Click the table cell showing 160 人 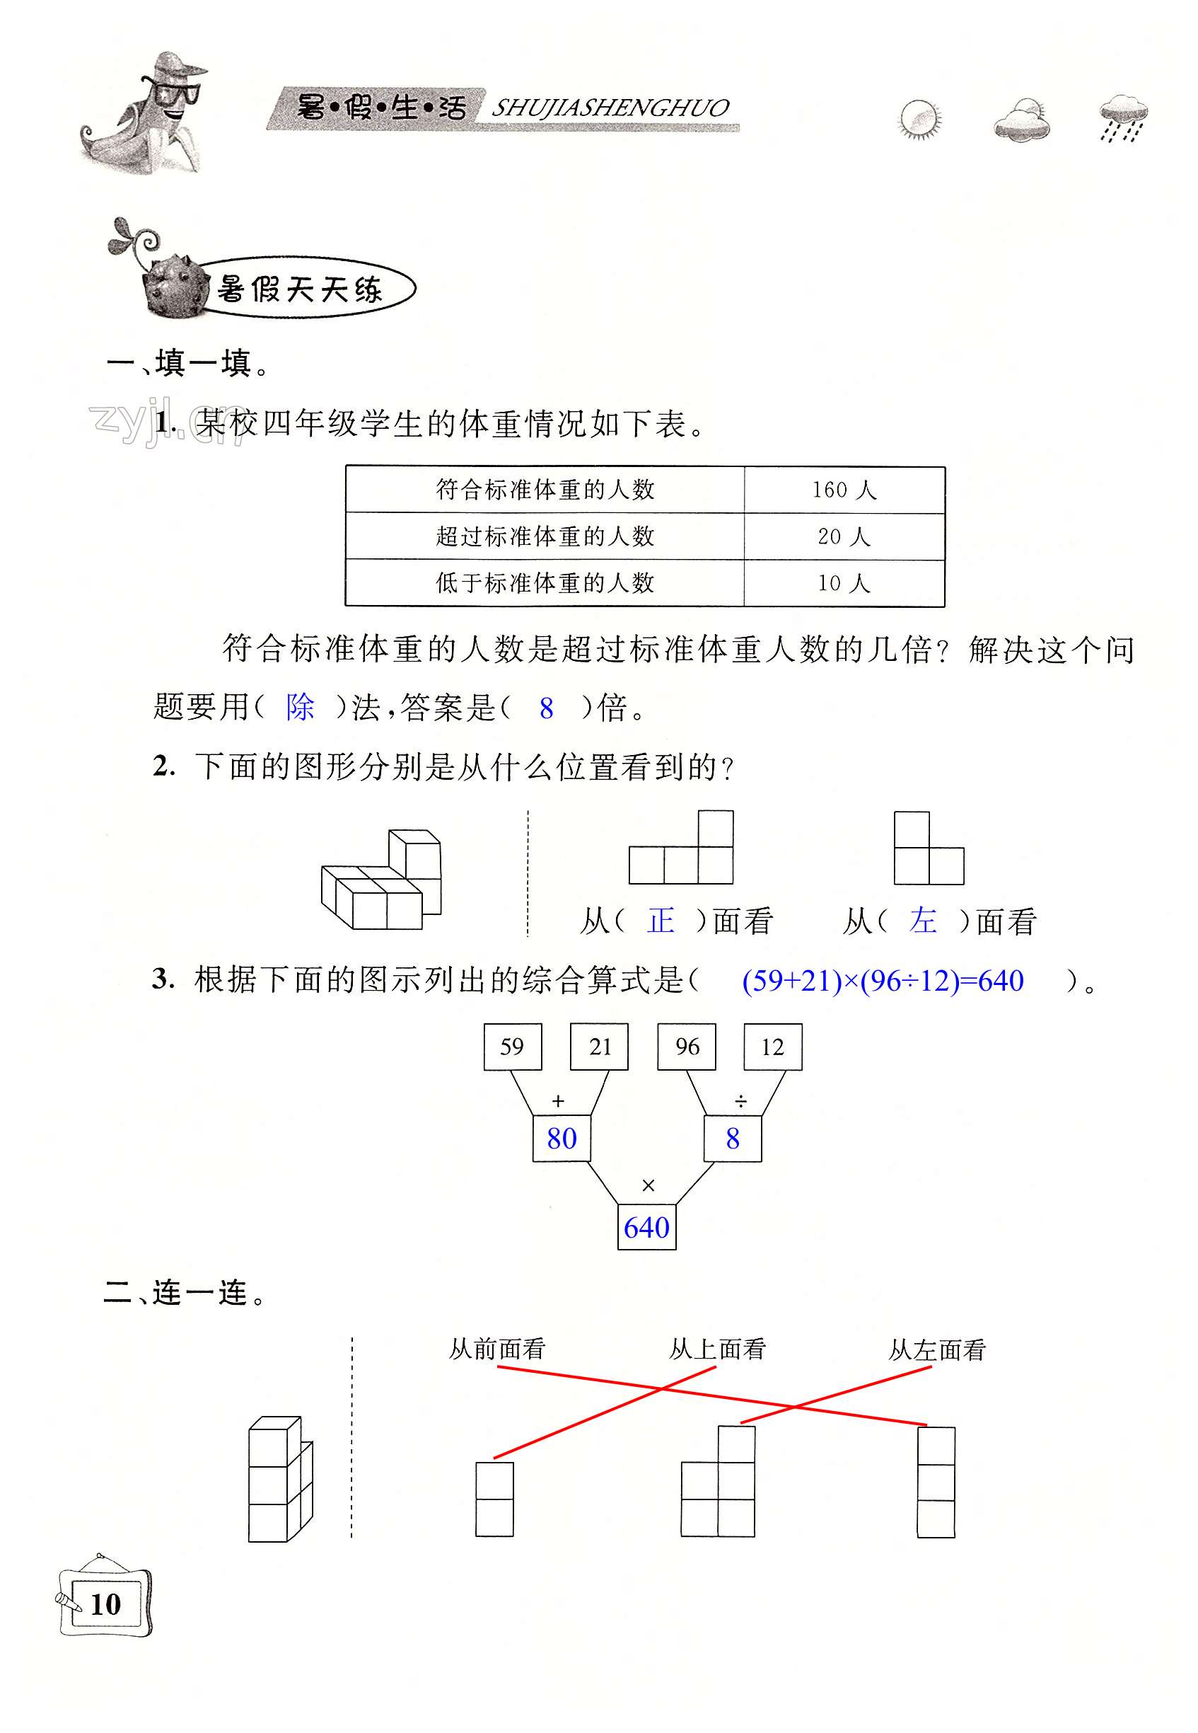844,490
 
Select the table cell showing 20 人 844,537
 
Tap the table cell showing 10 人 844,583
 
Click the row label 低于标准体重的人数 545,583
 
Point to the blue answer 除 301,708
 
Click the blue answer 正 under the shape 661,921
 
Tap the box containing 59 513,1047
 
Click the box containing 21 599,1047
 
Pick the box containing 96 686,1047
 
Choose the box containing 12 772,1047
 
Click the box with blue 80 562,1139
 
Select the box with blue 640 646,1228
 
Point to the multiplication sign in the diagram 649,1185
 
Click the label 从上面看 717,1349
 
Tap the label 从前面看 497,1349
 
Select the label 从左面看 937,1350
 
